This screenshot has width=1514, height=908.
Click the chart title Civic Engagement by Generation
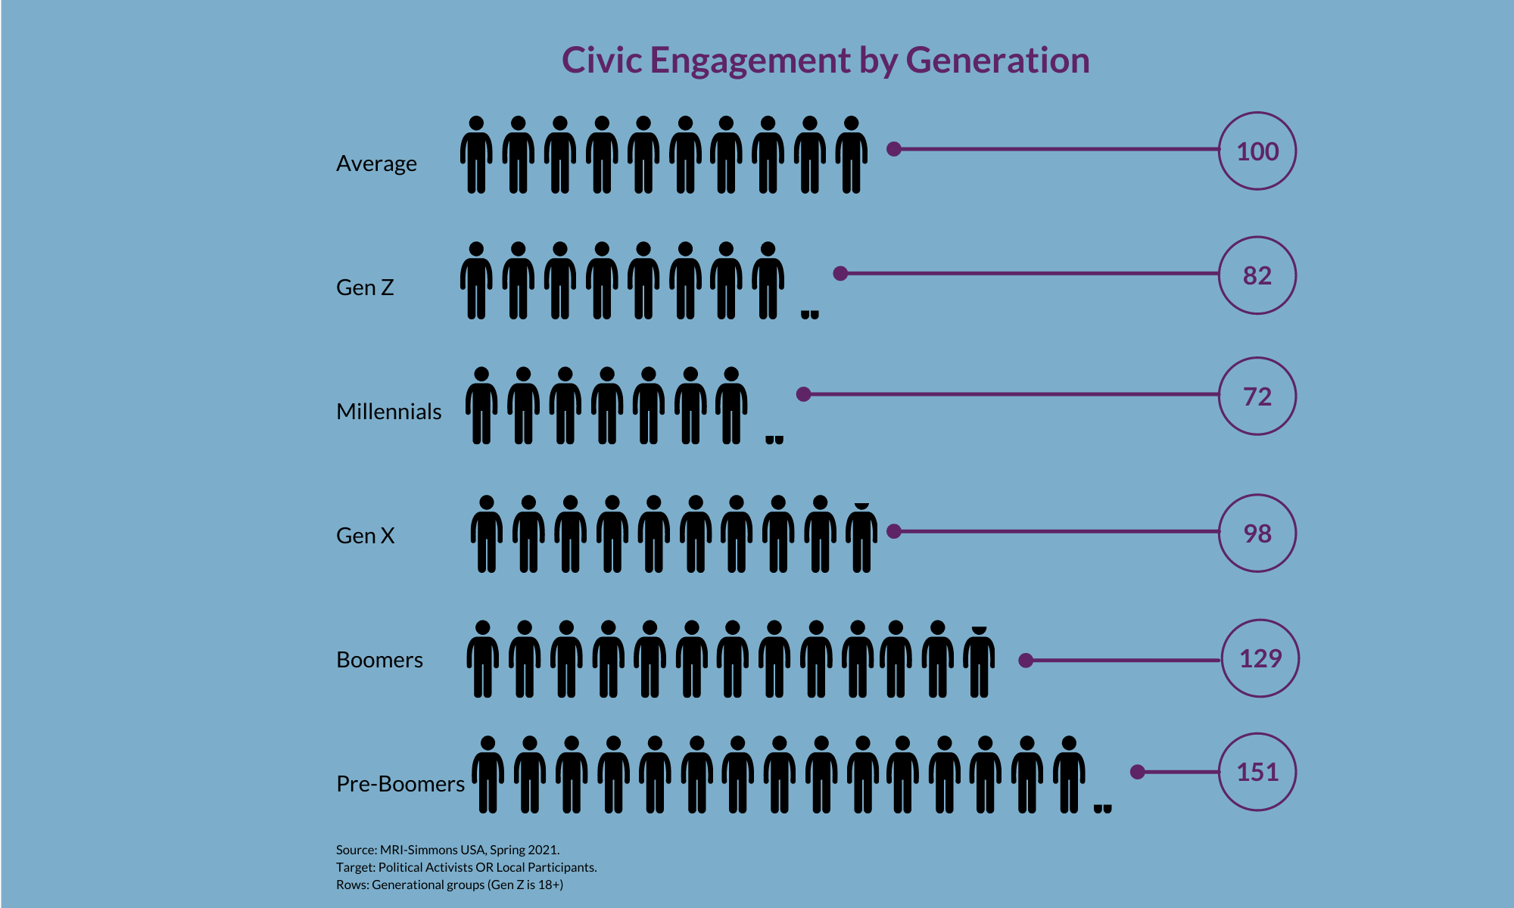point(825,61)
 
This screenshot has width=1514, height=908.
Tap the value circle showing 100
point(1257,151)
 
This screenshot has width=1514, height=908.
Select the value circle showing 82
point(1257,275)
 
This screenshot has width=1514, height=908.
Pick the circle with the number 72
point(1257,396)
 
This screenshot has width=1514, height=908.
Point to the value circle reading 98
point(1257,533)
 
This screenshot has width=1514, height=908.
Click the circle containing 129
point(1260,658)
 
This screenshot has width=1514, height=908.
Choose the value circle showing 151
point(1257,772)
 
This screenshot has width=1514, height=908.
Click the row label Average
point(376,163)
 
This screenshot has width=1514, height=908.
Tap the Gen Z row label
point(365,288)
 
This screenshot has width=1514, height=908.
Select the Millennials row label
point(388,412)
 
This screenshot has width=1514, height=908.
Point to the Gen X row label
point(365,536)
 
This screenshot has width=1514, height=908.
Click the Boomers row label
point(379,660)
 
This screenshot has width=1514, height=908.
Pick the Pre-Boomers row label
point(400,784)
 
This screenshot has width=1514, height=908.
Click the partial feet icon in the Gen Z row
point(809,314)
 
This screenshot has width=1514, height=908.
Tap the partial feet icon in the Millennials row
point(774,439)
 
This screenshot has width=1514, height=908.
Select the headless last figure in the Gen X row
point(861,539)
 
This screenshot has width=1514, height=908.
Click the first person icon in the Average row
point(476,155)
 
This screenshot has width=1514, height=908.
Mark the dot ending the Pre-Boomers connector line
point(1137,772)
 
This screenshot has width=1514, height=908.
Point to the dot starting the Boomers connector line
point(1026,661)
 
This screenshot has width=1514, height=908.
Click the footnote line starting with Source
point(447,850)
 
